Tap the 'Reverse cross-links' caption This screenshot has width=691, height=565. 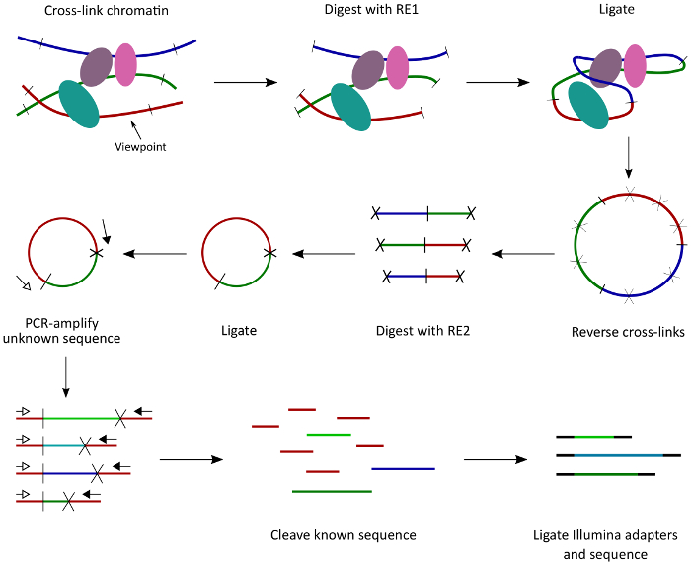click(627, 331)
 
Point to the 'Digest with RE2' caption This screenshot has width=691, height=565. click(422, 331)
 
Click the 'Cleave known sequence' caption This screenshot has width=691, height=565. click(344, 535)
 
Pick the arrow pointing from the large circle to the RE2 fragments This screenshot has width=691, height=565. click(523, 254)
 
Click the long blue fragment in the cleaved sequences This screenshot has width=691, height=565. click(403, 468)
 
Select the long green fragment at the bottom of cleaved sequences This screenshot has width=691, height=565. click(332, 490)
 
